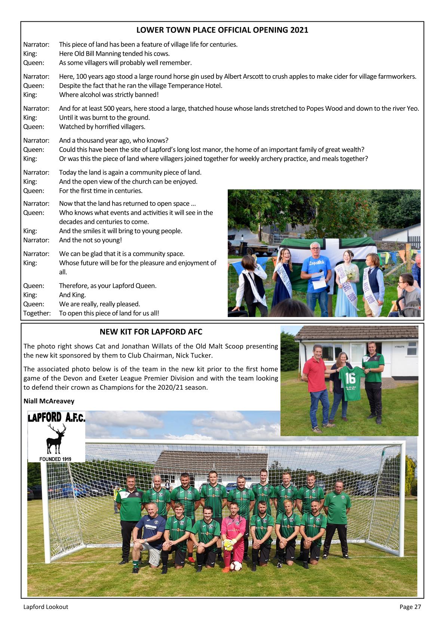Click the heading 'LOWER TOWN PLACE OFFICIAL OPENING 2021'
(x=222, y=30)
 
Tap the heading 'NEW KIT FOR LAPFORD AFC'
(x=151, y=332)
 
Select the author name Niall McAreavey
(x=49, y=401)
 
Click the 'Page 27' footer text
(x=410, y=607)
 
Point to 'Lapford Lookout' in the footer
(x=46, y=607)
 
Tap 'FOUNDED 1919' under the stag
(x=56, y=459)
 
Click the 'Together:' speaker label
(x=37, y=313)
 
